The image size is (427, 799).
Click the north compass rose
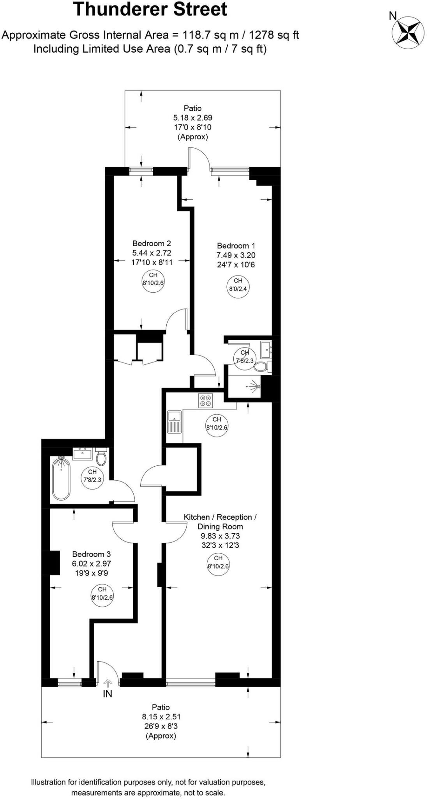[408, 32]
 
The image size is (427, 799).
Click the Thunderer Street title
[150, 9]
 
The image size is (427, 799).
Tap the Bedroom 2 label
[152, 243]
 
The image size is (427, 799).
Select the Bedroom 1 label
[236, 246]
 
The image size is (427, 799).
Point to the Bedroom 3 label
[92, 554]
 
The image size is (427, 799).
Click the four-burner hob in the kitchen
[205, 400]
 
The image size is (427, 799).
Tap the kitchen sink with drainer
[174, 421]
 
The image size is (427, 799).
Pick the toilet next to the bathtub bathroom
[101, 458]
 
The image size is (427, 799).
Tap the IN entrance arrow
[108, 682]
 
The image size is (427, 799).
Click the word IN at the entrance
[108, 694]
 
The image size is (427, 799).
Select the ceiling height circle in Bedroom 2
[153, 279]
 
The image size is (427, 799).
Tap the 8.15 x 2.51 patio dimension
[161, 717]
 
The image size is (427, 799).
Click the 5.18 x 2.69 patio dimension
[192, 117]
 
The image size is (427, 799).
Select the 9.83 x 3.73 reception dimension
[220, 536]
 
